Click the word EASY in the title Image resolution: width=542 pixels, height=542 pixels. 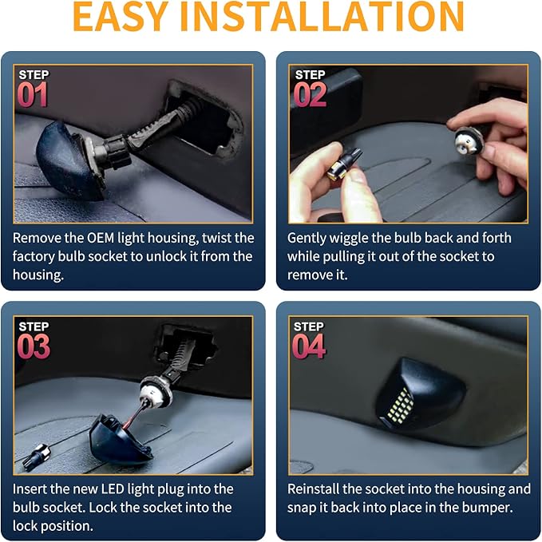(x=121, y=17)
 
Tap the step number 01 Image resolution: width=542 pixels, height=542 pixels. (x=33, y=95)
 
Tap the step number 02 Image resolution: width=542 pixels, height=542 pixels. (x=310, y=95)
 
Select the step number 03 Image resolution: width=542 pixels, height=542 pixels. (x=34, y=346)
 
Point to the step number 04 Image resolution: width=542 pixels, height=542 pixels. (x=309, y=346)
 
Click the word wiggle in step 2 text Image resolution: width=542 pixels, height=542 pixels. (x=349, y=239)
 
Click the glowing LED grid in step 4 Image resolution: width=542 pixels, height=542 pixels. (x=400, y=405)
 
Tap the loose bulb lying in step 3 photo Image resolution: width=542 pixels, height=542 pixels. (x=36, y=457)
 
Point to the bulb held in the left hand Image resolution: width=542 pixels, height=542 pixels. (x=344, y=164)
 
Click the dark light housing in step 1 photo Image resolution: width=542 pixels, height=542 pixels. (x=69, y=160)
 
